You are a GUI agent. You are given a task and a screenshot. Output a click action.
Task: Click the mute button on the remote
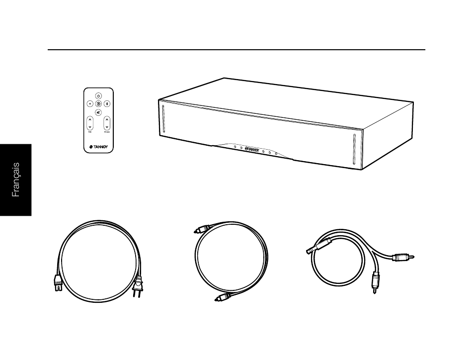tap(98, 112)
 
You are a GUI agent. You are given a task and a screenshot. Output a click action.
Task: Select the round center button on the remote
tap(98, 103)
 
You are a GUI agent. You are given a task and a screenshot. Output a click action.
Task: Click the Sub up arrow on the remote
tap(90, 120)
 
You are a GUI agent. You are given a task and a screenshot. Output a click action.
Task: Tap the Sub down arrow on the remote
tap(90, 128)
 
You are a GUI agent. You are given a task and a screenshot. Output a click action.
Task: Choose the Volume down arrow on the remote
tap(107, 128)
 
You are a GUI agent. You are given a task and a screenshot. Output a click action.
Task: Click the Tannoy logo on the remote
tap(98, 147)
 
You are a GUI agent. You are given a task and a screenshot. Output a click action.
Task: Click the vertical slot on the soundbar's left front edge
tap(162, 120)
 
